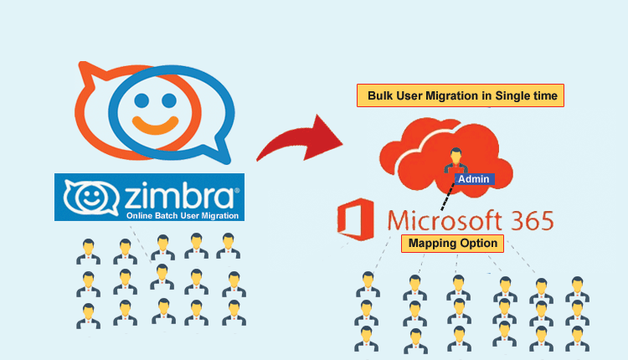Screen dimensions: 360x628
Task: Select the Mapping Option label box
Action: pyautogui.click(x=452, y=244)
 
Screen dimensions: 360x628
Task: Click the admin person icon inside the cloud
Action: pyautogui.click(x=456, y=158)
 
